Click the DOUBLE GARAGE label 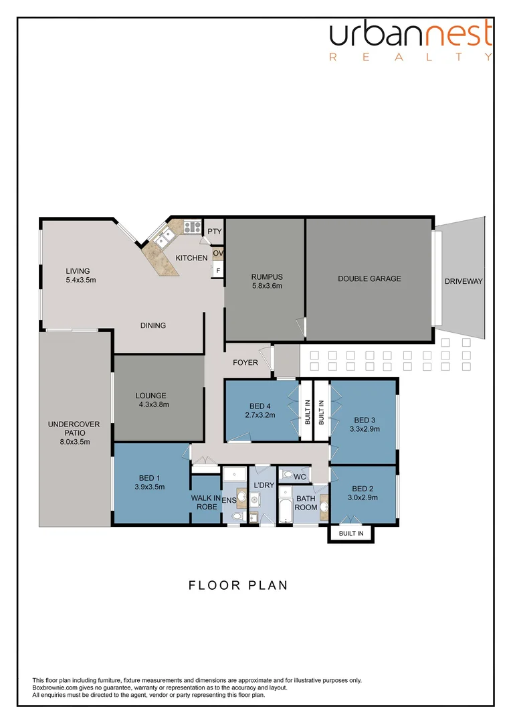pyautogui.click(x=369, y=278)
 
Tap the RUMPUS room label pyautogui.click(x=267, y=277)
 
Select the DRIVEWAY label pyautogui.click(x=463, y=281)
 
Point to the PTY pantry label pyautogui.click(x=214, y=232)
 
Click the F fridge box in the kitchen pyautogui.click(x=217, y=270)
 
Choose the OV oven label pyautogui.click(x=218, y=253)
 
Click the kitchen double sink pyautogui.click(x=163, y=238)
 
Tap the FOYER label pyautogui.click(x=245, y=363)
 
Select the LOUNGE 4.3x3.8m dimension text pyautogui.click(x=154, y=404)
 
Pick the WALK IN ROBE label pyautogui.click(x=206, y=502)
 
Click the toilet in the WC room pyautogui.click(x=288, y=475)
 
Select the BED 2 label pyautogui.click(x=363, y=489)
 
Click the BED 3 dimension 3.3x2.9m pyautogui.click(x=365, y=429)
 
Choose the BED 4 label pyautogui.click(x=260, y=406)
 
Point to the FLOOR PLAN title pyautogui.click(x=237, y=585)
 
